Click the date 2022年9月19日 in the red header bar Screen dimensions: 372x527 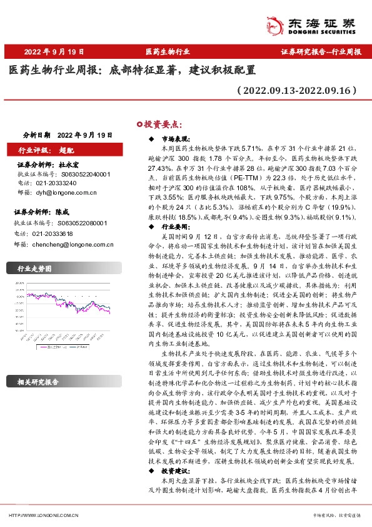pos(54,52)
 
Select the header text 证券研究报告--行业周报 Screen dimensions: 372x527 pos(321,52)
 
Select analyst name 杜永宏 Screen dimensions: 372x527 pos(77,164)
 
